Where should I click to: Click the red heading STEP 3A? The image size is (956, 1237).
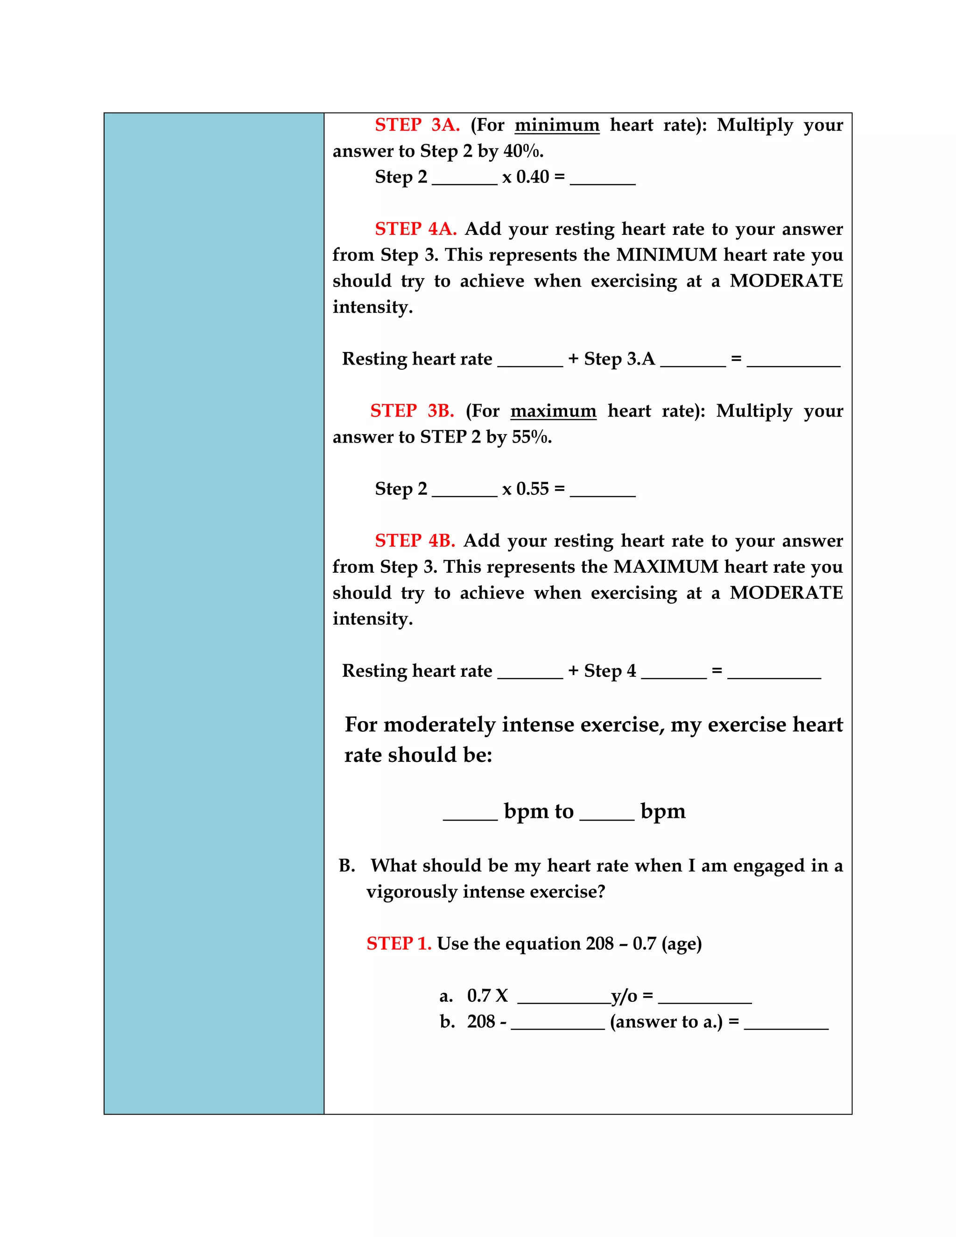[x=417, y=125]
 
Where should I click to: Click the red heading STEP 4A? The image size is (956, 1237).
[x=415, y=229]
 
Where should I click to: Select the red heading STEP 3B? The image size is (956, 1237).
[x=412, y=411]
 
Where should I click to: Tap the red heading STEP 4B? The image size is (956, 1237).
[x=415, y=541]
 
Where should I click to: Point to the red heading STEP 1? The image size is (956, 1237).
[x=398, y=943]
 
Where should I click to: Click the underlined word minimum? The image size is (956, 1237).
[x=557, y=125]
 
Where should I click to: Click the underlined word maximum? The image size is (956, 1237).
[x=553, y=411]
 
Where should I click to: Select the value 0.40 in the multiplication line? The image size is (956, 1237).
[x=532, y=177]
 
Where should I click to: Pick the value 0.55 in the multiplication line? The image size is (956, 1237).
[x=532, y=489]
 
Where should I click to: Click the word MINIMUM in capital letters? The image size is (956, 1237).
[x=666, y=255]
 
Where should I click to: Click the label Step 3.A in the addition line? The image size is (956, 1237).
[x=619, y=359]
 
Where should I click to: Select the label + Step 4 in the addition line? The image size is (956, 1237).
[x=602, y=671]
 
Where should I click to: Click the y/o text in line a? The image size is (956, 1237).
[x=624, y=996]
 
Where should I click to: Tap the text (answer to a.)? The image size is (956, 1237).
[x=666, y=1022]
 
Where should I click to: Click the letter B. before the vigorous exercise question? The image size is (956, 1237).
[x=347, y=866]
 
